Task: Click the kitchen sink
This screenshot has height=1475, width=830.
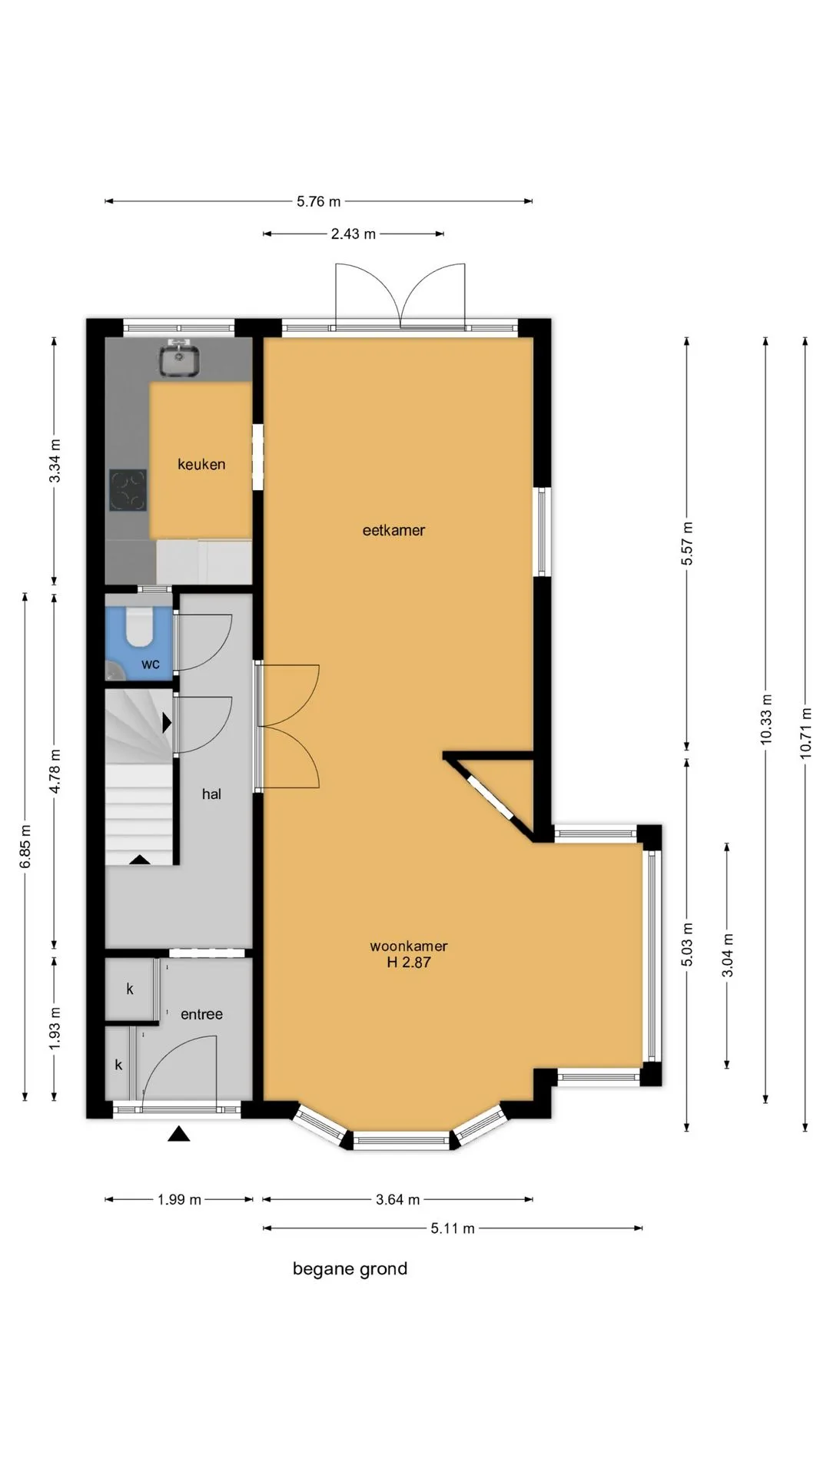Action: pyautogui.click(x=179, y=360)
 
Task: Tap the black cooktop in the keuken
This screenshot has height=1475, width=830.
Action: pyautogui.click(x=128, y=490)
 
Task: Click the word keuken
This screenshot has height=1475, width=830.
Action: pyautogui.click(x=201, y=464)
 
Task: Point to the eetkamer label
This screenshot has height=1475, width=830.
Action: pyautogui.click(x=393, y=530)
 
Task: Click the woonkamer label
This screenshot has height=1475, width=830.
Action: pyautogui.click(x=409, y=946)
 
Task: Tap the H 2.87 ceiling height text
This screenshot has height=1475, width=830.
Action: pyautogui.click(x=409, y=962)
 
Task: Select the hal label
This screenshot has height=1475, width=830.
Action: pyautogui.click(x=211, y=794)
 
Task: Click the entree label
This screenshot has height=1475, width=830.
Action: pyautogui.click(x=201, y=1015)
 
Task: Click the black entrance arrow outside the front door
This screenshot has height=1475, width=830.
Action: pyautogui.click(x=179, y=1133)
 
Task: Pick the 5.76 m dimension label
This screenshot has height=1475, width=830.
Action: pyautogui.click(x=319, y=202)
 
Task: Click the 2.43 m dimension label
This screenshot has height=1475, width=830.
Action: pyautogui.click(x=354, y=234)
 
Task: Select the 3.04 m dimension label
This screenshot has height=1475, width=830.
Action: pyautogui.click(x=728, y=955)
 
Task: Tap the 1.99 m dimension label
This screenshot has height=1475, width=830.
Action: pyautogui.click(x=179, y=1199)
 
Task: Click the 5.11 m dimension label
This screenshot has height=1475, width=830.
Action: pyautogui.click(x=453, y=1228)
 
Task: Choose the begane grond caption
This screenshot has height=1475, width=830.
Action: pyautogui.click(x=350, y=1269)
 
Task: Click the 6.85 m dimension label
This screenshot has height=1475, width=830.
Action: pyautogui.click(x=25, y=847)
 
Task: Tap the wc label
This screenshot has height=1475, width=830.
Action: pyautogui.click(x=151, y=664)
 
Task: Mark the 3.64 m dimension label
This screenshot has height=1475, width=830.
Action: pyautogui.click(x=398, y=1199)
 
